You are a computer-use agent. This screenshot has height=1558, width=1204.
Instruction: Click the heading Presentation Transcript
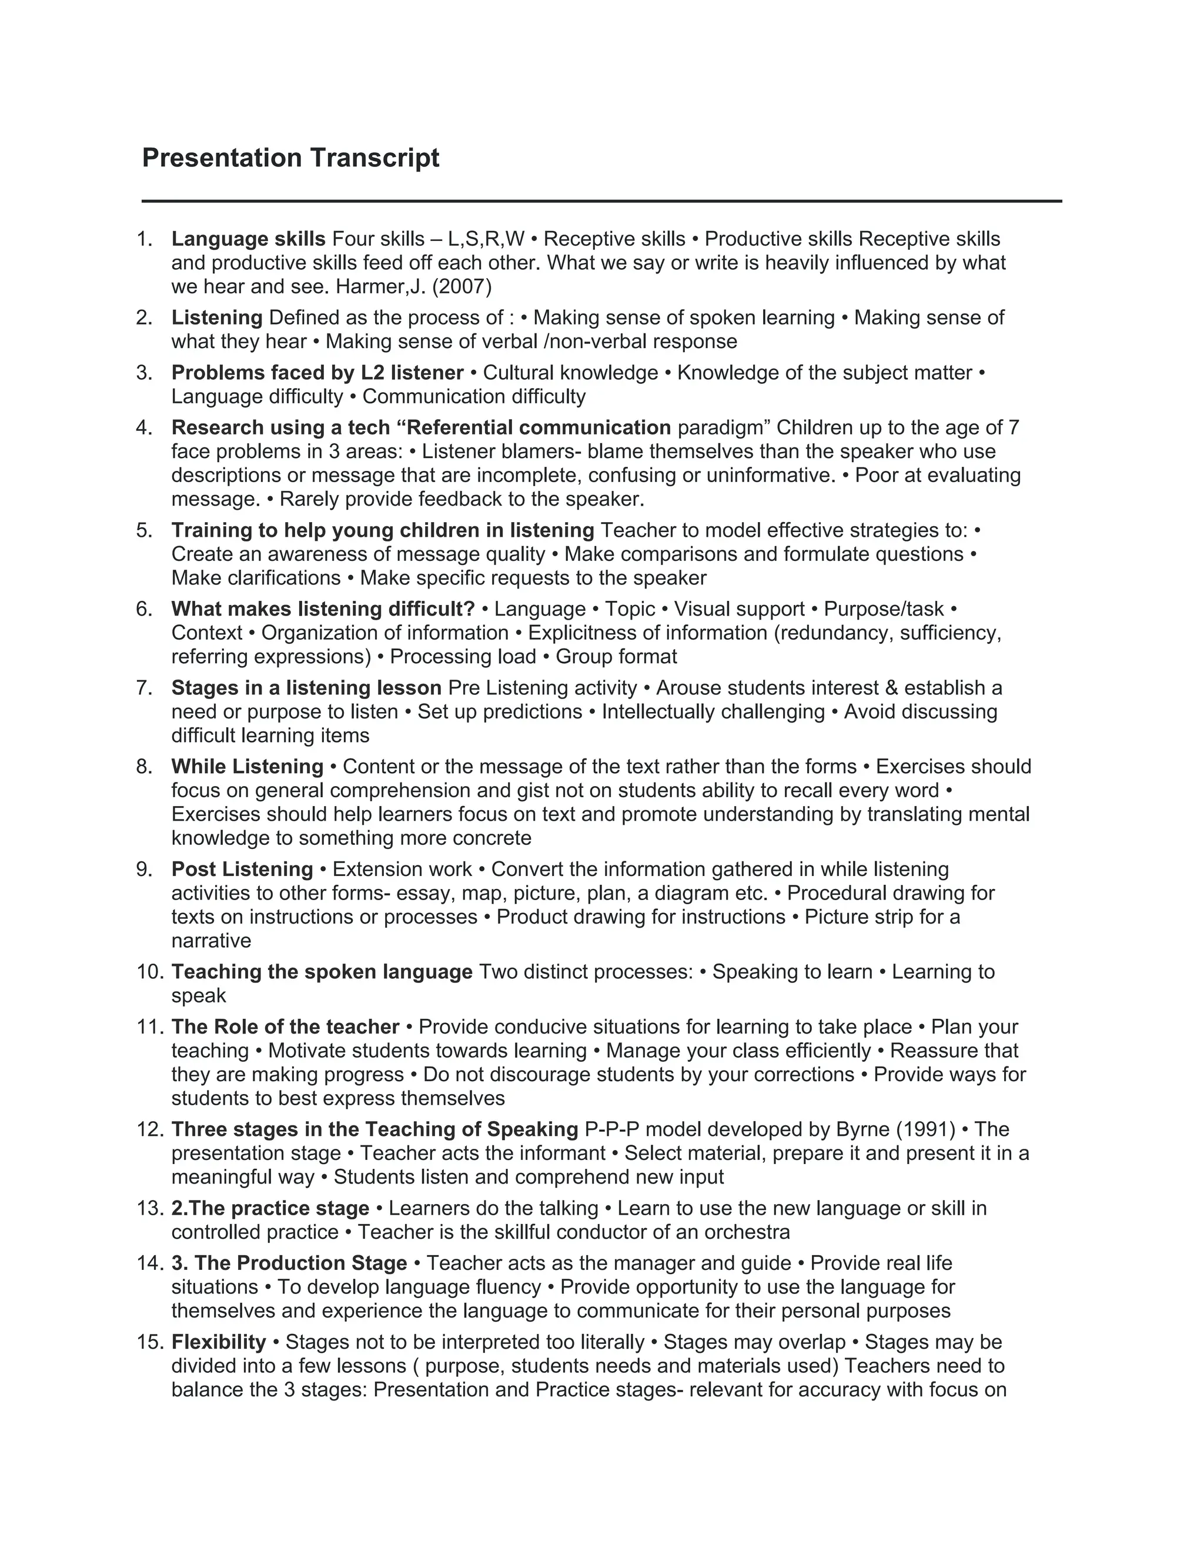290,158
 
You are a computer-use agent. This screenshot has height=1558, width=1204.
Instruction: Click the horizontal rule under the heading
601,201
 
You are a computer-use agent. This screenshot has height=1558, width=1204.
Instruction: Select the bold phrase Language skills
248,239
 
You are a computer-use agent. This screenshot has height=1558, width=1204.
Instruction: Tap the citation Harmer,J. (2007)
414,287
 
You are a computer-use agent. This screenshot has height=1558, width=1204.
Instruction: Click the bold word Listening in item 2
217,317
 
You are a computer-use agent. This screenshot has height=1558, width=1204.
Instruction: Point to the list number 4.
144,428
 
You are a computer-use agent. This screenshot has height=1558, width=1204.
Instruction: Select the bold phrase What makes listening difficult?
322,609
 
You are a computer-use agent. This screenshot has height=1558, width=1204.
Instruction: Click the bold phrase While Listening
247,767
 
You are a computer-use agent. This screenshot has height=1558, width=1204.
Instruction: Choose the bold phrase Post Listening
242,870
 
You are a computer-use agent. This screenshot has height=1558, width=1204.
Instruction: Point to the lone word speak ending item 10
198,996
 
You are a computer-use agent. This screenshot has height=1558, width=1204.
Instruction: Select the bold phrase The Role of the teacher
285,1027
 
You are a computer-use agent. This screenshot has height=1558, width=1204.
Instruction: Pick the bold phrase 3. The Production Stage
289,1263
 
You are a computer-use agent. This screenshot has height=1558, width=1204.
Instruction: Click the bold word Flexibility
218,1343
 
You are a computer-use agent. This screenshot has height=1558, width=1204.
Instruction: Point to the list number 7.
144,688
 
